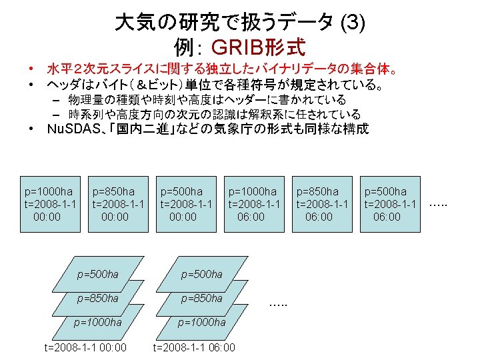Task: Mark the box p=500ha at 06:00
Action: coord(391,203)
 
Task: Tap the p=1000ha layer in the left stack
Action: coord(98,323)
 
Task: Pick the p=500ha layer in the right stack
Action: coord(203,274)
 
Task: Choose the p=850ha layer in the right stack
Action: coord(203,298)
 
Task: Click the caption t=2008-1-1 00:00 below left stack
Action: coord(85,347)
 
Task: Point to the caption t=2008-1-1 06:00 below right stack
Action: coord(194,347)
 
